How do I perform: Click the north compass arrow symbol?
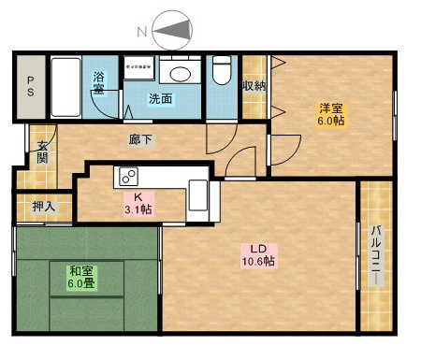pos(172,30)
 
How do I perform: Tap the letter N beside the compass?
pos(142,32)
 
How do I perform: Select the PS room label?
pos(31,86)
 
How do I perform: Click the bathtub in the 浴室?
pos(65,87)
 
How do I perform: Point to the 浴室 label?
pos(98,83)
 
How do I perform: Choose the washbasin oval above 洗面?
pos(180,74)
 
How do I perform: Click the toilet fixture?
pos(222,70)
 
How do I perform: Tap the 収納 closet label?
pos(254,86)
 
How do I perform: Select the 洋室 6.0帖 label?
pos(331,114)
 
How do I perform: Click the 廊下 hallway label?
pos(141,139)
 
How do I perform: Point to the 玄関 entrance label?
pos(42,152)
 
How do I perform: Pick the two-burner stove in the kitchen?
pos(129,177)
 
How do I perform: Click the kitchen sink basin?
pos(198,195)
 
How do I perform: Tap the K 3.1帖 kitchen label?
pos(138,204)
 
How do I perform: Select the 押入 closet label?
pos(44,207)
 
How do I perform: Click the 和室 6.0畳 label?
pos(81,278)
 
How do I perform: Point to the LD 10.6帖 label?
pos(258,255)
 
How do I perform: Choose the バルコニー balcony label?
pos(377,256)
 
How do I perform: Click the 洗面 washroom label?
pos(160,99)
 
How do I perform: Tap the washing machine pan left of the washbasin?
pos(138,67)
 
